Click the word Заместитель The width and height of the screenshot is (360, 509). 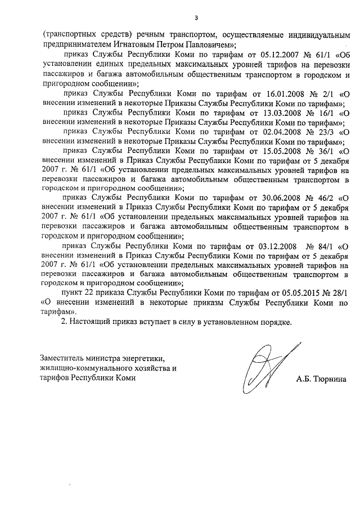62,358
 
